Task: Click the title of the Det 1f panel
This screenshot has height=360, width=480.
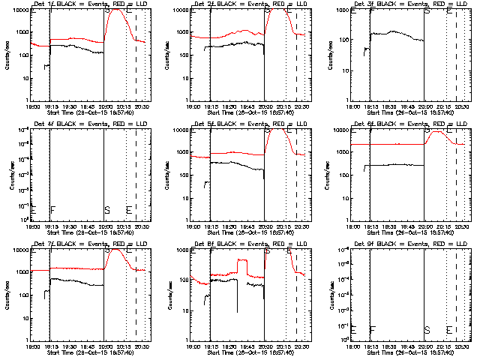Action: coord(89,4)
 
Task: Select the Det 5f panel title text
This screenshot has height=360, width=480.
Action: coord(249,124)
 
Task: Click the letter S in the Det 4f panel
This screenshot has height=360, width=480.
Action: coord(107,209)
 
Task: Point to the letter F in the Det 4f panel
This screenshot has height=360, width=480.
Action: coord(52,209)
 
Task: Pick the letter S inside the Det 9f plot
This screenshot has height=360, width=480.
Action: coord(427,329)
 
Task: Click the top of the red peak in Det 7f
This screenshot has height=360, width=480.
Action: coord(115,250)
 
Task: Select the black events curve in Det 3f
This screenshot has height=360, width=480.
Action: coord(397,34)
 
